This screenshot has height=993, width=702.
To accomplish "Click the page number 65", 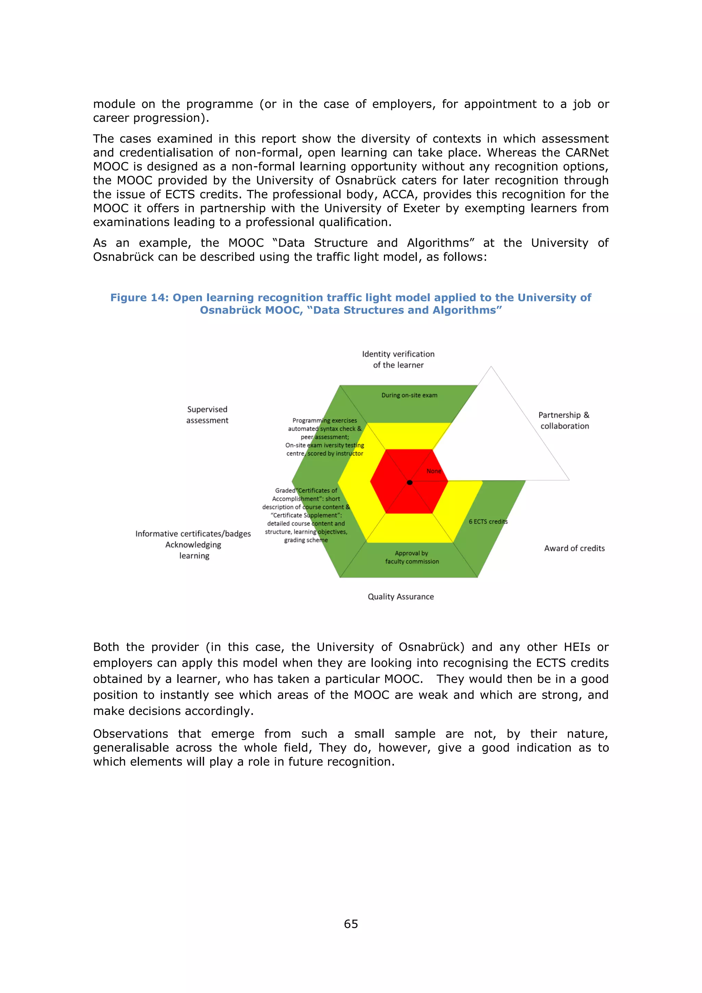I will [x=351, y=924].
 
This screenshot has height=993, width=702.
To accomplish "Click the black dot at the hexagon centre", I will [x=409, y=482].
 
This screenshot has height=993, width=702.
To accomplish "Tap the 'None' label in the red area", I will [x=434, y=471].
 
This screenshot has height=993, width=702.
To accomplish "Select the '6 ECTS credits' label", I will [x=488, y=522].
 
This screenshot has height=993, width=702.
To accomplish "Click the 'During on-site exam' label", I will [x=409, y=395].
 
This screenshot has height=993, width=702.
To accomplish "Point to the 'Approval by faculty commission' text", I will [x=412, y=558].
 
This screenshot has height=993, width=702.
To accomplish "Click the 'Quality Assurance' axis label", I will [x=400, y=597].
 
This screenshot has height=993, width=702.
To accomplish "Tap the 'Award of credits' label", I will [x=574, y=548].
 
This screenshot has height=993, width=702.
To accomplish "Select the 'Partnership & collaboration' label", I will [x=564, y=420].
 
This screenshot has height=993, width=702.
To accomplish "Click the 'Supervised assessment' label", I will [x=207, y=415].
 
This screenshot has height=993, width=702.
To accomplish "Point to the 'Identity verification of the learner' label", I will [x=398, y=359].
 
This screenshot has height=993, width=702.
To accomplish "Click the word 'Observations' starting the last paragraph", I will [x=130, y=734].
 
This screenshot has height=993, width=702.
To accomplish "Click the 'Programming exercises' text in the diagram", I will [x=324, y=420].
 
